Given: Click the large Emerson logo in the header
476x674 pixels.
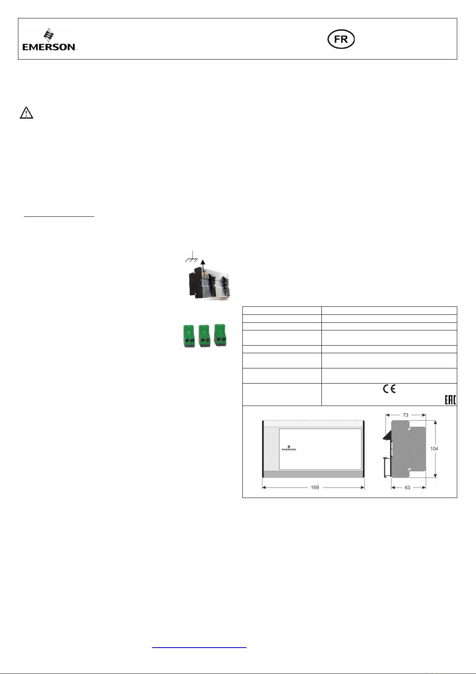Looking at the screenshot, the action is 50,39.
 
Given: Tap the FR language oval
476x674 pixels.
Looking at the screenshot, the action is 341,39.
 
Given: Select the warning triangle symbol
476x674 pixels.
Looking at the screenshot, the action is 26,112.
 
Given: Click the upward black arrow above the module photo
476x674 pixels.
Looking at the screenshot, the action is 203,266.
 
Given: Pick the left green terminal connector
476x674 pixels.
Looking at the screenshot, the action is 189,336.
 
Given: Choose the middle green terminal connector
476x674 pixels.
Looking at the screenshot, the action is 204,336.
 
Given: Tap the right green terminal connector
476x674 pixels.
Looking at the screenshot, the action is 220,335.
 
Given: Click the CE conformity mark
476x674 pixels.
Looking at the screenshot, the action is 389,389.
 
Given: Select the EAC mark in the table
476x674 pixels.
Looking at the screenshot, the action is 450,400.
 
